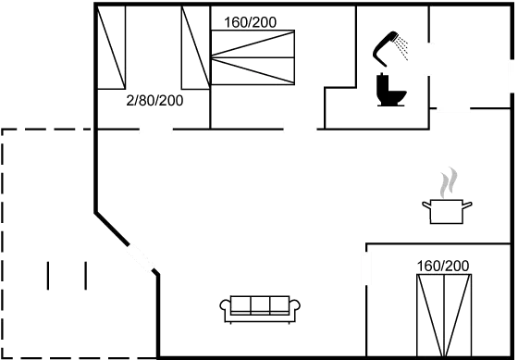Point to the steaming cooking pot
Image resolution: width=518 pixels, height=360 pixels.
pos(447,209)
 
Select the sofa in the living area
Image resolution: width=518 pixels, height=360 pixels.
pos(259,306)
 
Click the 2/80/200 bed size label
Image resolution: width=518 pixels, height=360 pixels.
pos(154,99)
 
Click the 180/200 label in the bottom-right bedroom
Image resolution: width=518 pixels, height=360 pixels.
pos(444,266)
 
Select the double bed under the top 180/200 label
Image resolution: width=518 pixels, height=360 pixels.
pos(253,56)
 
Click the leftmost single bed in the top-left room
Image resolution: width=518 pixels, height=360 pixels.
pos(112,47)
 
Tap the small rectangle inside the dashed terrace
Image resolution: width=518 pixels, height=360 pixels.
pos(67,276)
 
